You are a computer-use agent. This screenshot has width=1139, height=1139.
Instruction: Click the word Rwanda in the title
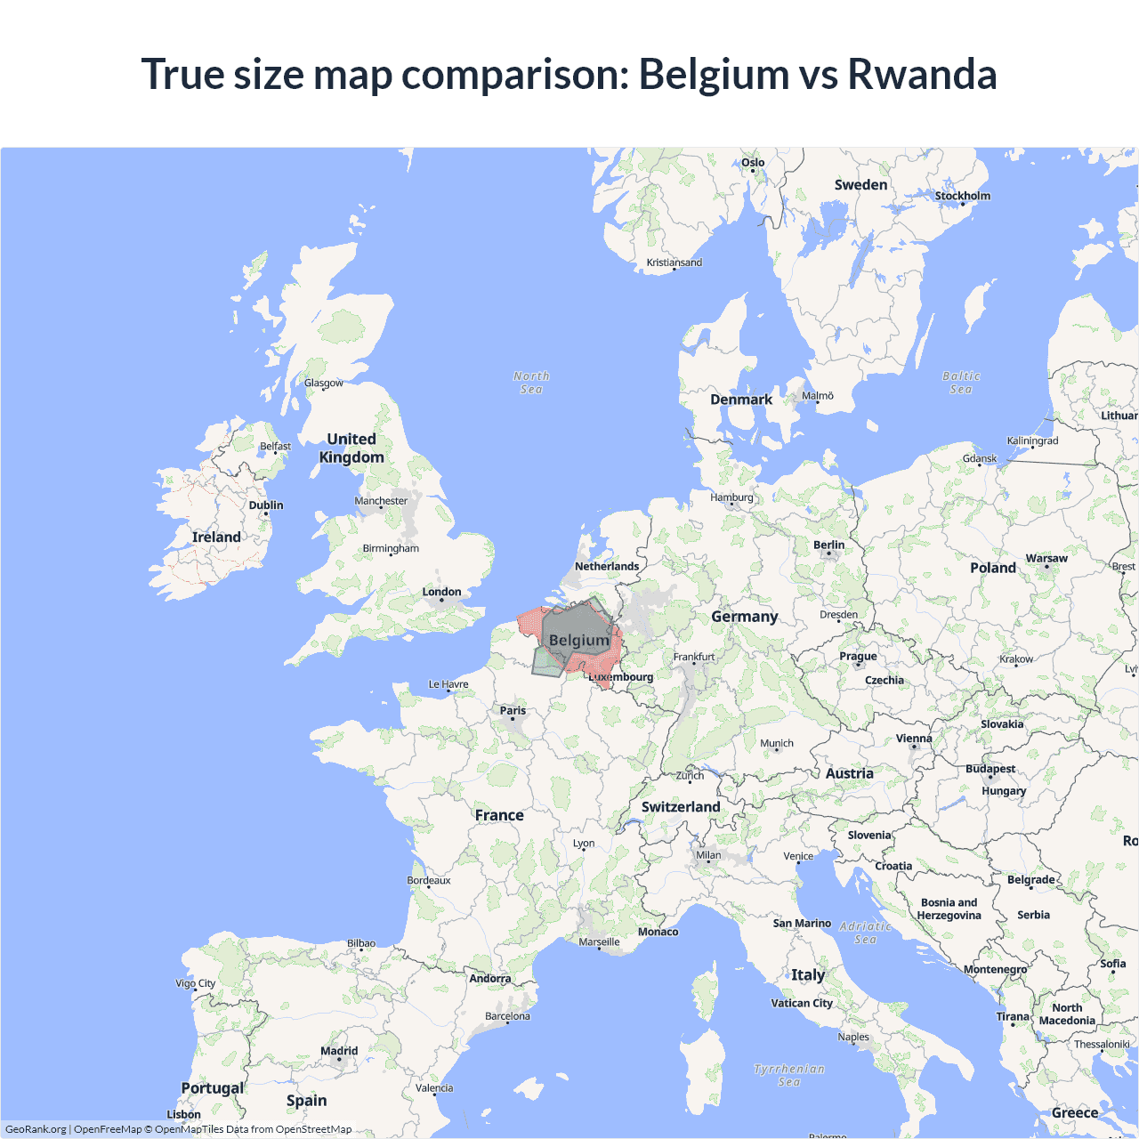[x=922, y=74]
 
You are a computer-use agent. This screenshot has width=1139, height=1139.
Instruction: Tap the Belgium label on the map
[x=579, y=640]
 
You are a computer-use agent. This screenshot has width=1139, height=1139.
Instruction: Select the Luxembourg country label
[x=621, y=677]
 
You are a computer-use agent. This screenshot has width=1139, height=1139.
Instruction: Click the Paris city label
[x=513, y=710]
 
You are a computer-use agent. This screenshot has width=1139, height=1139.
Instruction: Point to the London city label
[x=441, y=592]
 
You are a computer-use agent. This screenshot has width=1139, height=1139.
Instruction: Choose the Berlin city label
[x=828, y=545]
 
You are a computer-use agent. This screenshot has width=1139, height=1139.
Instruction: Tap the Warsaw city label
[x=1046, y=559]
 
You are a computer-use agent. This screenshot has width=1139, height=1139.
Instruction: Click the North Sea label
[x=531, y=383]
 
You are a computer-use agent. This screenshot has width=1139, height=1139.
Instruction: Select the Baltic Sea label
[x=961, y=383]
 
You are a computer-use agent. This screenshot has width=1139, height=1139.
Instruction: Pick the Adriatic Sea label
[x=865, y=933]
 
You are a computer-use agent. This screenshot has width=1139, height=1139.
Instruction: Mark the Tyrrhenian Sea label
[x=789, y=1075]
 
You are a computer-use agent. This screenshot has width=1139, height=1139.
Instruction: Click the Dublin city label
[x=266, y=505]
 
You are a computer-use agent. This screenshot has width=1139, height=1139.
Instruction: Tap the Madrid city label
[x=339, y=1051]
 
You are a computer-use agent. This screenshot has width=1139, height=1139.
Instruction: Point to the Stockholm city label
[x=962, y=196]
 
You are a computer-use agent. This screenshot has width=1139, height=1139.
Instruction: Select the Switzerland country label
[x=681, y=807]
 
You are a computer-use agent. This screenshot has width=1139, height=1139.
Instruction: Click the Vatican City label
[x=802, y=1003]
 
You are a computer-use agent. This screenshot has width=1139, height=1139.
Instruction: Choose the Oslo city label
[x=753, y=163]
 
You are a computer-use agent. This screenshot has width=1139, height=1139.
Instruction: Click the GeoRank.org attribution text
[x=36, y=1129]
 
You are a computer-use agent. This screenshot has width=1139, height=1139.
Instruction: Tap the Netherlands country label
[x=607, y=566]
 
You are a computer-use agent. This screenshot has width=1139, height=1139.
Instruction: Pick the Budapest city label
[x=990, y=769]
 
